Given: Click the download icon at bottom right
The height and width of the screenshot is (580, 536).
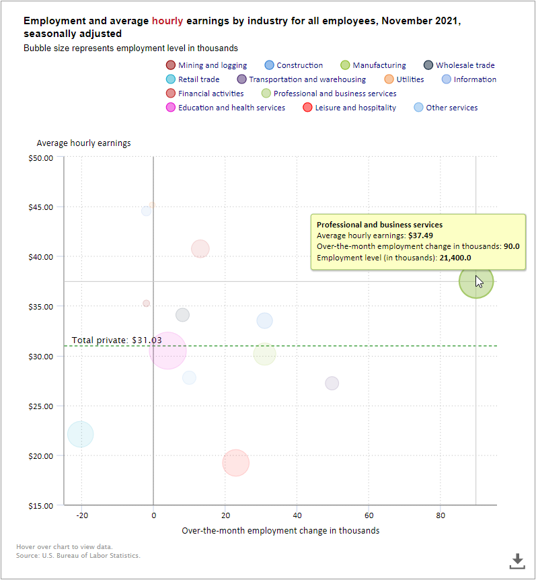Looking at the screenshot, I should (516, 560).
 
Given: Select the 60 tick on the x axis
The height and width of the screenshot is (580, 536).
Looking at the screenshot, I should (369, 516).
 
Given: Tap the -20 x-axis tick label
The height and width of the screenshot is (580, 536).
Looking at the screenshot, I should (81, 516).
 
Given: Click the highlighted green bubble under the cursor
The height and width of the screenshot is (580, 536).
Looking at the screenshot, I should (475, 282).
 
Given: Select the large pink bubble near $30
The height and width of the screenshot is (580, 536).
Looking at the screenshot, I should (168, 351).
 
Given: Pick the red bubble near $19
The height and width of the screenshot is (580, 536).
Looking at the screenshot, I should (235, 463).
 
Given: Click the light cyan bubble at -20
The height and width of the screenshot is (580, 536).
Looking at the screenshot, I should (81, 434).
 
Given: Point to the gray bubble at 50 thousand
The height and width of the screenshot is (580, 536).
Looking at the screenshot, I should (332, 383).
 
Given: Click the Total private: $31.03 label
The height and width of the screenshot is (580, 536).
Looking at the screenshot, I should (117, 340).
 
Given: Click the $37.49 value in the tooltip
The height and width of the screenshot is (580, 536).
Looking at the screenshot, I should (421, 235).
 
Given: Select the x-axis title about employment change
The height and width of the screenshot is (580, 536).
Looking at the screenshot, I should (280, 531).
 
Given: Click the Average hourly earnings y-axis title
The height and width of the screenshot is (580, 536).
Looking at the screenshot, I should (83, 143).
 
